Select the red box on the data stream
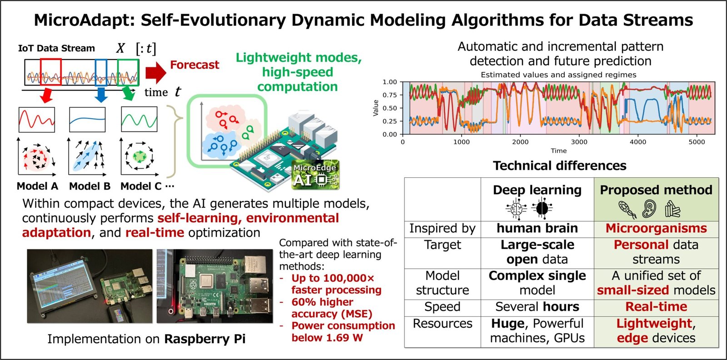click(50, 72)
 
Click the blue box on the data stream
click(101, 72)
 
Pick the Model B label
click(90, 186)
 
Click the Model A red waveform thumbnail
click(37, 120)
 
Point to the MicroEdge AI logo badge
click(315, 175)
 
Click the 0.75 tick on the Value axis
click(389, 95)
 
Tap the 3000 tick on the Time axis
click(579, 142)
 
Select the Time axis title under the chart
click(558, 151)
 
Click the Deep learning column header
click(537, 190)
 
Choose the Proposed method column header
click(656, 190)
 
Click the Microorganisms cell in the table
click(656, 228)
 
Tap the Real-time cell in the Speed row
click(656, 307)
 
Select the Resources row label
click(442, 324)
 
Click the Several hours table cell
click(537, 307)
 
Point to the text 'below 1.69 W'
click(327, 338)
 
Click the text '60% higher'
click(322, 302)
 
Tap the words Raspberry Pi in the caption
click(204, 339)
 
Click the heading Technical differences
click(559, 166)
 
